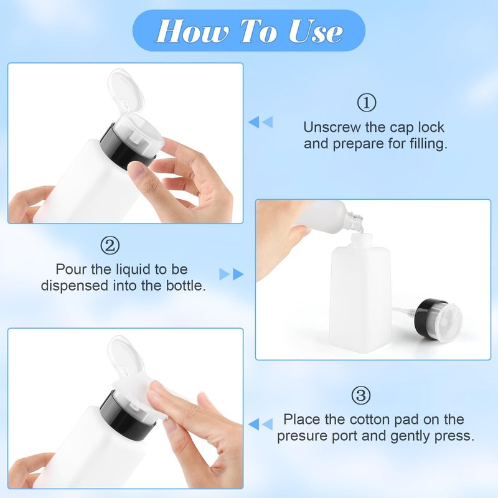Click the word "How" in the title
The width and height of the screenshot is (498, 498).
[x=192, y=31]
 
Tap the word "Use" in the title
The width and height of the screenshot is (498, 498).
[x=315, y=31]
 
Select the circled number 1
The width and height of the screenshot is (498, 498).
[x=367, y=102]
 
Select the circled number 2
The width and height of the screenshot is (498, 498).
[x=110, y=245]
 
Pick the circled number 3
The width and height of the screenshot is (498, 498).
[x=361, y=395]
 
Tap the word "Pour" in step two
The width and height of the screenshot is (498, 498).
[x=71, y=270]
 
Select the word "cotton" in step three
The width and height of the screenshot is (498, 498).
[x=370, y=420]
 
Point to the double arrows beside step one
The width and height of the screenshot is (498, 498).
[x=260, y=122]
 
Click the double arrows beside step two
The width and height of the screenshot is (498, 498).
[x=232, y=274]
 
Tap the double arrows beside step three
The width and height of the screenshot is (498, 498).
[x=260, y=425]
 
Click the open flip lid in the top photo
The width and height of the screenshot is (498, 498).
[x=125, y=90]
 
